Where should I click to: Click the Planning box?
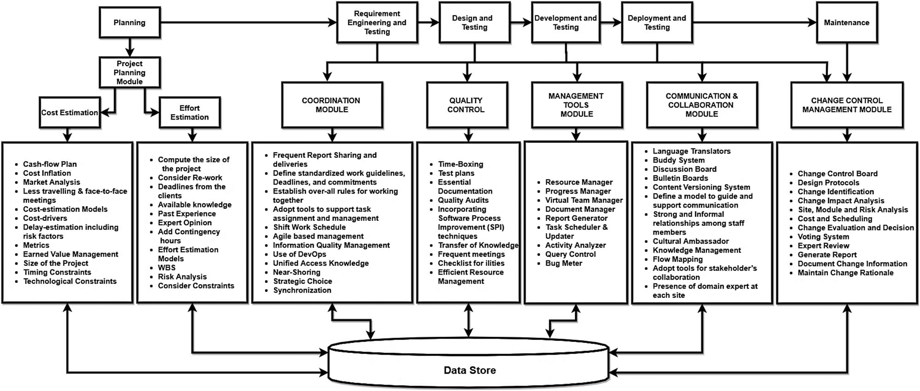point(129,23)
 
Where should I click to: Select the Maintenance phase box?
point(846,23)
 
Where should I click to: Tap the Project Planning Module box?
point(130,72)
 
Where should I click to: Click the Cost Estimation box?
point(69,113)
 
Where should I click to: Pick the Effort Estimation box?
point(190,113)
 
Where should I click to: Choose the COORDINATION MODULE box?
point(332,105)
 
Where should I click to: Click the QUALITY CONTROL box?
point(466,105)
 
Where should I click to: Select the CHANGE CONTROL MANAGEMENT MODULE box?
point(846,105)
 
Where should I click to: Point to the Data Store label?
point(470,370)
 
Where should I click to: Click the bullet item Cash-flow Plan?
point(50,164)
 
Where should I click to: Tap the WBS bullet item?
point(167,268)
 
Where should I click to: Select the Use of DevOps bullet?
point(299,254)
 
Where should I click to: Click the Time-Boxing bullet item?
point(460,164)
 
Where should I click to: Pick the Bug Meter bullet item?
point(563,264)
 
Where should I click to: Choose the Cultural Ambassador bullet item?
point(690,241)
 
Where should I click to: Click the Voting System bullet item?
point(823,237)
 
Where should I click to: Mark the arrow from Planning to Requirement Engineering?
point(248,22)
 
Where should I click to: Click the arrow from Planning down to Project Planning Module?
point(130,47)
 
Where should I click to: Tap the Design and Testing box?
point(474,23)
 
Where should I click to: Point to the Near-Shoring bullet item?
point(296,272)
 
